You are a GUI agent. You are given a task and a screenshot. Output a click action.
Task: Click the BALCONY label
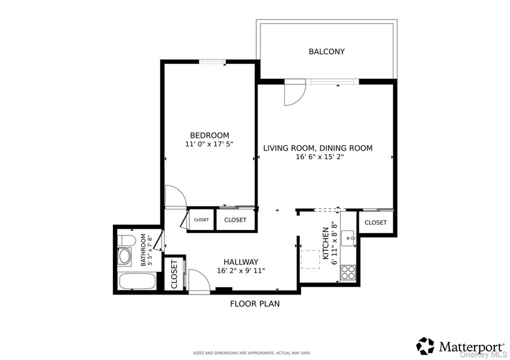coord(327,52)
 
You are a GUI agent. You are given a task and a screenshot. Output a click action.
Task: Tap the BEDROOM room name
coord(209,135)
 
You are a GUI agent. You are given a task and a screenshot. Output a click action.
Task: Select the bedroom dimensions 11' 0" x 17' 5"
coord(209,144)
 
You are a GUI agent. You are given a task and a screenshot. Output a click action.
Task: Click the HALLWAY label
coord(240,262)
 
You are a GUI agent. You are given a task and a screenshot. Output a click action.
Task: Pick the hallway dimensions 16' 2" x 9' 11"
coord(240,271)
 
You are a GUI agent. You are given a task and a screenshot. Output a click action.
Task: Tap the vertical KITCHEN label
coord(326,245)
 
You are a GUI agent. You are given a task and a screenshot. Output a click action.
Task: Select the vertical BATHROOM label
coord(144,250)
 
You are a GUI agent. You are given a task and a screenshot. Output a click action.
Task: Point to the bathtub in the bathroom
coord(137,282)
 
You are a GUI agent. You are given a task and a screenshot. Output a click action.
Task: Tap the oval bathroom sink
coord(125,256)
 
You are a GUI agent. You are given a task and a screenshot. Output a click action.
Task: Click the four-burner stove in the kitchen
coord(348,272)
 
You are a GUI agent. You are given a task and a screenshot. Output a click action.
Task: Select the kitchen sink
coord(348,236)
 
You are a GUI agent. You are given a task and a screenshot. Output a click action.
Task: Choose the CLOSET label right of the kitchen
coord(376,223)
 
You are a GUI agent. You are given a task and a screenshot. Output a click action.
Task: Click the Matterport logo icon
coord(425,346)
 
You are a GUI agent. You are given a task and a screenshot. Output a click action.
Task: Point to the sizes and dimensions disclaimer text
coord(251,353)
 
